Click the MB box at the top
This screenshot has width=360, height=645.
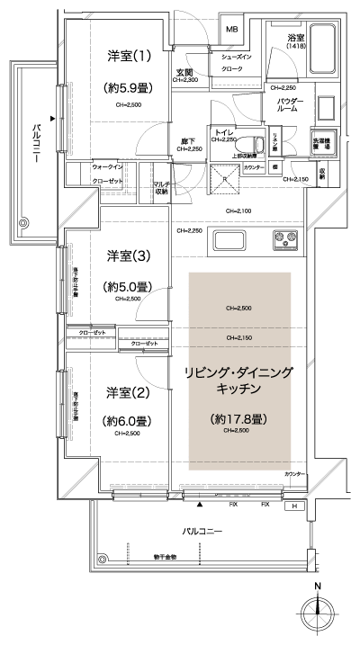pos(230,29)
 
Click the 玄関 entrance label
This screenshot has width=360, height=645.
pos(184,72)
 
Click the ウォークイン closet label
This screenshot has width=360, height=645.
pos(108,167)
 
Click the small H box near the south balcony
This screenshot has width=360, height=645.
pos(293,506)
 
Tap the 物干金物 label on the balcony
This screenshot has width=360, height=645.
pos(164,557)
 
